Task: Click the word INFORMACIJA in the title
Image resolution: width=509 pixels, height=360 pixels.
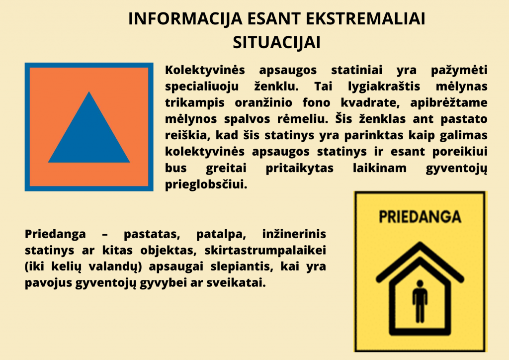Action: [185, 19]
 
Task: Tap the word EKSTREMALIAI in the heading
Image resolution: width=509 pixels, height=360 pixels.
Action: [365, 19]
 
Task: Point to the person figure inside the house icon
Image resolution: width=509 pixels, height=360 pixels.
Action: [420, 301]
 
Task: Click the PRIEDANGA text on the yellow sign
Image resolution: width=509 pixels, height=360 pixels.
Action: [420, 217]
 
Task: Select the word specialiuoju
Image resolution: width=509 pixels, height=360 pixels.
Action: [202, 87]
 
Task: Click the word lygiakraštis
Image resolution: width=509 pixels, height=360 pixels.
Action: [384, 87]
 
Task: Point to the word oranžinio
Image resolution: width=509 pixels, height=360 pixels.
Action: [263, 103]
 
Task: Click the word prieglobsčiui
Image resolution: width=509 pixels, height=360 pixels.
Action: [206, 184]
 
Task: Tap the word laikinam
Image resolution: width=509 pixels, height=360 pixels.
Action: [379, 168]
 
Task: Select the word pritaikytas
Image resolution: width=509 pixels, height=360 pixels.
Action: [299, 168]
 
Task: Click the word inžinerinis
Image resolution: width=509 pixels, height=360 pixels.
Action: [294, 234]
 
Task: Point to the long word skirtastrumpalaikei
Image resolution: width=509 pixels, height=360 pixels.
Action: [265, 250]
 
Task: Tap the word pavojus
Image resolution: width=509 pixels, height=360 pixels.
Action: [48, 283]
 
